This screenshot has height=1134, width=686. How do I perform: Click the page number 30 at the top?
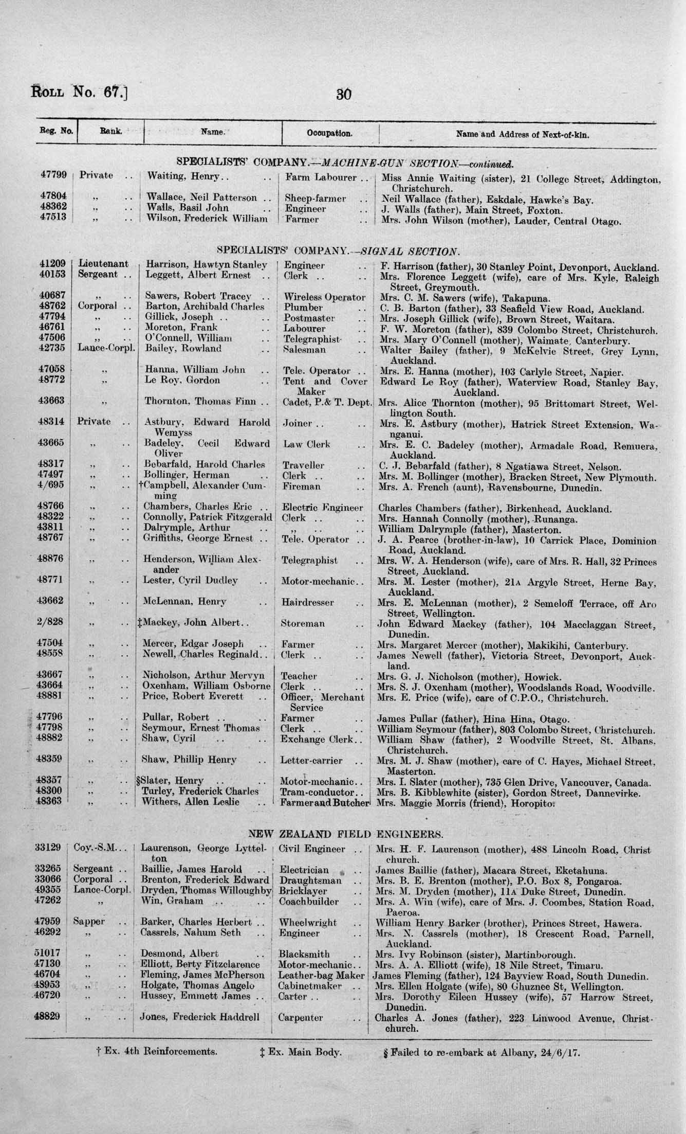pos(343,95)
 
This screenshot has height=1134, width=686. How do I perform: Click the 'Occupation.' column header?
pos(329,133)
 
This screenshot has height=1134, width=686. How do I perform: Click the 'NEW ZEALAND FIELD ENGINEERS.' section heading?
pos(345,834)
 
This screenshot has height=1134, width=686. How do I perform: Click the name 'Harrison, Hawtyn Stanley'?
pos(207,265)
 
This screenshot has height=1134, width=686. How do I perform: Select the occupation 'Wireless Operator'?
pos(324,297)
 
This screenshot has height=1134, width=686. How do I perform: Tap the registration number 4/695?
pos(53,486)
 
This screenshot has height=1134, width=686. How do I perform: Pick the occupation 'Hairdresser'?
pos(307,602)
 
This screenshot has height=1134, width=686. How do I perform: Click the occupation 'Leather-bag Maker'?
pos(321,975)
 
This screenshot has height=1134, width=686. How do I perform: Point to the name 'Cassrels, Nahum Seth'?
pos(191,932)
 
